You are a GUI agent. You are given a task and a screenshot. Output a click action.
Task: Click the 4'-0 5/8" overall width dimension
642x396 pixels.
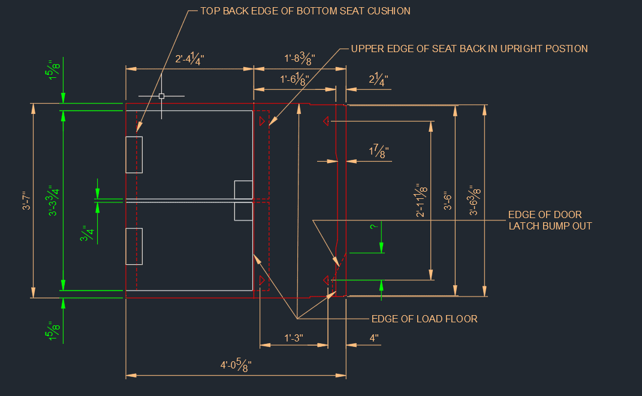236,364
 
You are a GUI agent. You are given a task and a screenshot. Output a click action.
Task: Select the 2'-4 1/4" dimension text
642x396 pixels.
189,59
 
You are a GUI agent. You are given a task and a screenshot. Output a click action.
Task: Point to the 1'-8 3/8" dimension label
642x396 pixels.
300,59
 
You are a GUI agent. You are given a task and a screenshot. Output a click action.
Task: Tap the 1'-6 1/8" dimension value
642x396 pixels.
294,79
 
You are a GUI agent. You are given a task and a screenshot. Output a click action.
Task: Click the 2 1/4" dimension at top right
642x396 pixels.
378,79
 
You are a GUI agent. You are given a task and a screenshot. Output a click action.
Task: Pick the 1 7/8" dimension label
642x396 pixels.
379,151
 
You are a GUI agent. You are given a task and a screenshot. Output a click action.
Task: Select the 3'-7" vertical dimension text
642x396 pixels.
26,201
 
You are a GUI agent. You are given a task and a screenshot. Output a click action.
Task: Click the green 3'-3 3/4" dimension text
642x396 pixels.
53,201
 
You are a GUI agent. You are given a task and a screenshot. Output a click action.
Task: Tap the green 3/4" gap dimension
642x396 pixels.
87,233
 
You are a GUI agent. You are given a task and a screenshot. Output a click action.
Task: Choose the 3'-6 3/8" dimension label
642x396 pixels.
475,201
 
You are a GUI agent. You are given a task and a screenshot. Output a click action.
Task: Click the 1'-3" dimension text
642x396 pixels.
294,338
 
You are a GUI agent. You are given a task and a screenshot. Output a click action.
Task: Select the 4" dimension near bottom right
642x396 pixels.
374,338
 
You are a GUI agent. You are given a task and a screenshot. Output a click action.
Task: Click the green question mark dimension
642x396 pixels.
373,226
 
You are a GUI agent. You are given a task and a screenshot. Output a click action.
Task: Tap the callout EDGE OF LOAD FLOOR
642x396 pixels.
424,319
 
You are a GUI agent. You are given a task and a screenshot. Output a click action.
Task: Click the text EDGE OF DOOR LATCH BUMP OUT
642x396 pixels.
550,220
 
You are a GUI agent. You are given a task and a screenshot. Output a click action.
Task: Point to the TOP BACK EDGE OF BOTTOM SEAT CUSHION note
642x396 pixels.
305,11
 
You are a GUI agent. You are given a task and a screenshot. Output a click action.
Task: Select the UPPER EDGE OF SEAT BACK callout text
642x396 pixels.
469,49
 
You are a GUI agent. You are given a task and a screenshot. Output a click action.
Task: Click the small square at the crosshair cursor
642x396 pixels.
161,96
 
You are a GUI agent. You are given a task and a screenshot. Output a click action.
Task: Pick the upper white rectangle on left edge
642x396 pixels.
134,155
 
